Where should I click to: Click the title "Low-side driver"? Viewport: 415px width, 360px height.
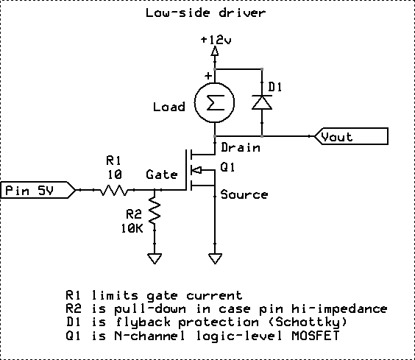tap(205, 13)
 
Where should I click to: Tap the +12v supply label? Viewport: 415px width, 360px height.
tap(216, 40)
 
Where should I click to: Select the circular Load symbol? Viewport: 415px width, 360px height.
tap(214, 102)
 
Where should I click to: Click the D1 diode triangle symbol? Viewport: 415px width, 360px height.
tap(262, 102)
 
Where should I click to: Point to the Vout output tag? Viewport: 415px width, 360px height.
tap(351, 136)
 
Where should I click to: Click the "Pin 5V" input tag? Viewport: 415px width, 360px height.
tap(38, 190)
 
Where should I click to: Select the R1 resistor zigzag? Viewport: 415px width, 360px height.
tap(114, 190)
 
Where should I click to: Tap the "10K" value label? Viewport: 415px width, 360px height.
tap(132, 228)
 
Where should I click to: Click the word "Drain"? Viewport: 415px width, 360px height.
tap(241, 147)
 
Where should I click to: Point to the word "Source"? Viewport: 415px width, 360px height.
tap(244, 194)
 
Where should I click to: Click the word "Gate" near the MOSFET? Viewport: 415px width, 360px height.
tap(162, 174)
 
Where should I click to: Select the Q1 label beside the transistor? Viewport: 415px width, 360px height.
tap(227, 167)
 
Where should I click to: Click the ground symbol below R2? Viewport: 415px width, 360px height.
tap(155, 258)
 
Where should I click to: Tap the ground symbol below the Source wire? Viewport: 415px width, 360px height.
tap(215, 258)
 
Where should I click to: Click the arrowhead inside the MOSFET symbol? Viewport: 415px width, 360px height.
tap(196, 170)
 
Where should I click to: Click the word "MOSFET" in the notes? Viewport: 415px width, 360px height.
tap(316, 336)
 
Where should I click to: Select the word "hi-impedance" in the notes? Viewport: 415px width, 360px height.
tap(339, 308)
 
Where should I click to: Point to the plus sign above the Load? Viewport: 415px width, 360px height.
tap(208, 76)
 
